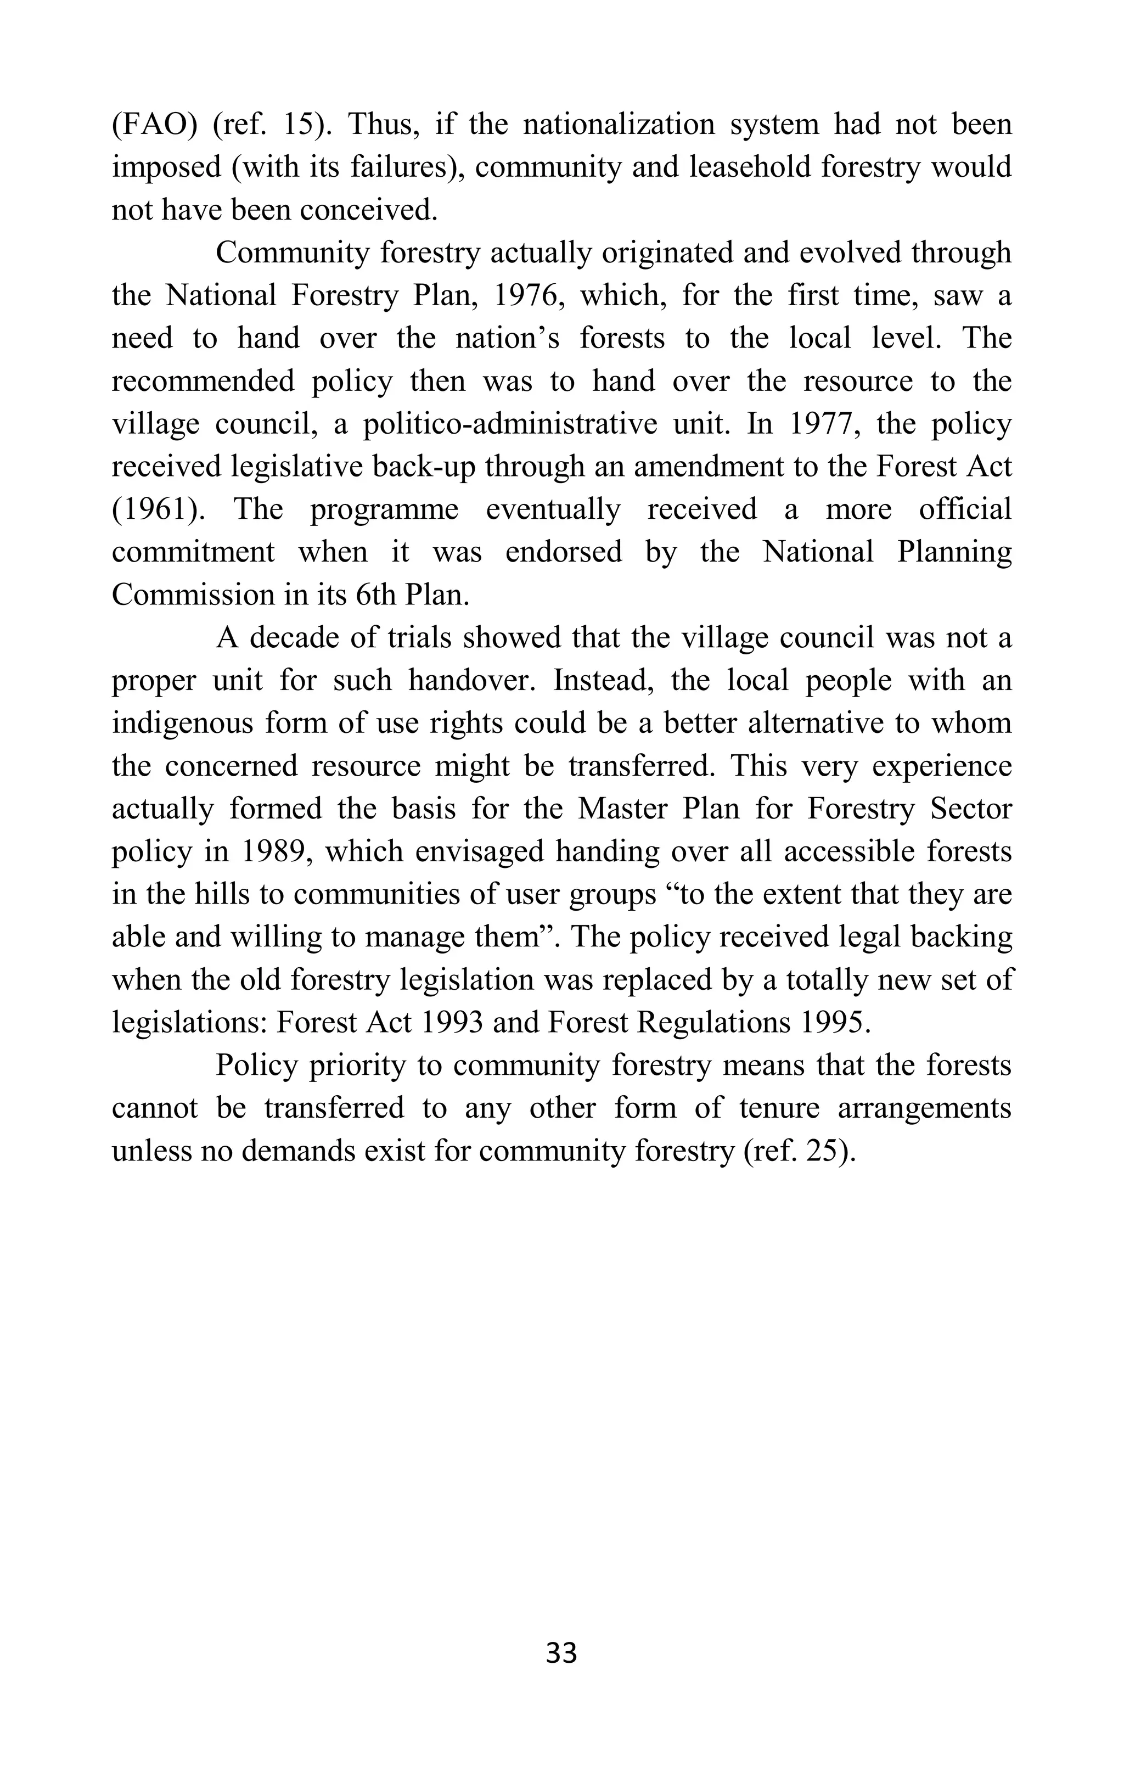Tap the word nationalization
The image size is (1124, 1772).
click(x=619, y=125)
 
